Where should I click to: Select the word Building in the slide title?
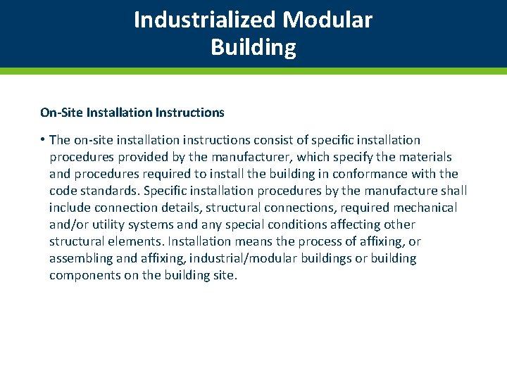253,48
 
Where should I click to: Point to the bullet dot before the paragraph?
42,140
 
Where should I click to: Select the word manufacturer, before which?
254,157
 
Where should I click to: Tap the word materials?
424,157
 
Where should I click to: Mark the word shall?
453,191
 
